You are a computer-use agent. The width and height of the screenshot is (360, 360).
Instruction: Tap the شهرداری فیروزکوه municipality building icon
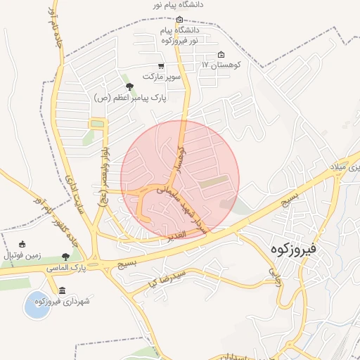click(63, 290)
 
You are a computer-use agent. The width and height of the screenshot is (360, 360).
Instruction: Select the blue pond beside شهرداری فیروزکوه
click(37, 305)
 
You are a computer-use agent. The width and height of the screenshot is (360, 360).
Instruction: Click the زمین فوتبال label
click(24, 255)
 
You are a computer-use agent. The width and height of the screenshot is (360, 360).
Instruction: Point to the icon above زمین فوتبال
click(22, 244)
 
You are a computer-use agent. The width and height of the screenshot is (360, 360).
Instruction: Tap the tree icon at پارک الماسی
click(66, 257)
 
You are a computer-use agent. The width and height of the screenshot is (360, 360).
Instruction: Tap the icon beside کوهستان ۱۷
click(221, 56)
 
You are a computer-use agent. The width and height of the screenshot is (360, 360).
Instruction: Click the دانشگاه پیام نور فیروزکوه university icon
click(179, 20)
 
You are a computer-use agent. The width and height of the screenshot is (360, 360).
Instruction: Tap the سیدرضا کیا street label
click(166, 277)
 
